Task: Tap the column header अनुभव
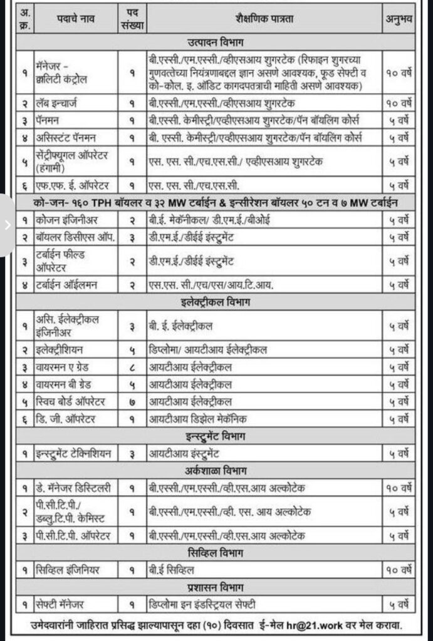click(x=398, y=19)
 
